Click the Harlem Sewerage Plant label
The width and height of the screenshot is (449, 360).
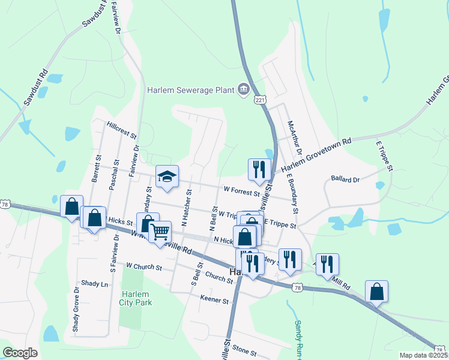pos(191,90)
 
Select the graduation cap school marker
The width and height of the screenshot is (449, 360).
pos(167,176)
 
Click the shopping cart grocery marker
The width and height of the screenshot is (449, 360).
pos(160,232)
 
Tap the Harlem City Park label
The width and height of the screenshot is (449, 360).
pos(136,298)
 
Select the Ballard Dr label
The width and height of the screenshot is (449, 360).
pos(345,179)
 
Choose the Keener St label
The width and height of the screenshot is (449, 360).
pos(214,298)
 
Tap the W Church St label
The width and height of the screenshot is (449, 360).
pos(144,265)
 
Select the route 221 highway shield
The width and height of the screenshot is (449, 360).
pos(259,100)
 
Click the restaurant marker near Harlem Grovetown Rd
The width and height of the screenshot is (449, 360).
pos(259,170)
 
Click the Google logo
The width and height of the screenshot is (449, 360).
pos(20,353)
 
